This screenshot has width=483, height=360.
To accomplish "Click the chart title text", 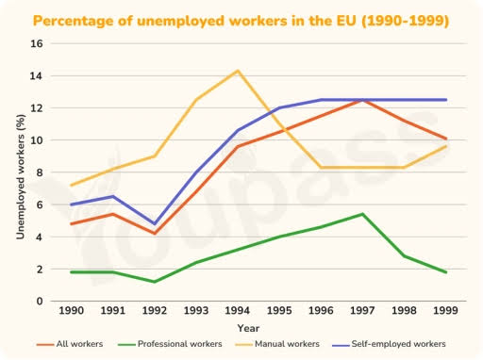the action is click(241, 21).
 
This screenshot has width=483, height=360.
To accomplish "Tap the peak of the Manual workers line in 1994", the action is click(238, 71).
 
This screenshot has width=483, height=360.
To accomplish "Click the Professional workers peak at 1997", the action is click(362, 214).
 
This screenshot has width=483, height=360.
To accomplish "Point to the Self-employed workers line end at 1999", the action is click(446, 100).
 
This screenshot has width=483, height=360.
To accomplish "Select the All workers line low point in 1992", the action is click(155, 234).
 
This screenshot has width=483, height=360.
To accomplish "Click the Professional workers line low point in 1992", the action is click(155, 282).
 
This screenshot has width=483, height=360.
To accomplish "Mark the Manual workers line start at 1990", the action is click(71, 186).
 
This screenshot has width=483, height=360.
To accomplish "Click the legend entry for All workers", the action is click(70, 344).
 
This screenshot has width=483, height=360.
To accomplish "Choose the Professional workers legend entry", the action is click(170, 344).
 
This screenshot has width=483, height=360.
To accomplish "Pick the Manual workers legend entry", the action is click(277, 344).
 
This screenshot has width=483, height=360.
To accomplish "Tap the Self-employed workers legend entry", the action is click(389, 344).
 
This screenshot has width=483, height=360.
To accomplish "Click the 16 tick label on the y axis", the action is click(37, 43).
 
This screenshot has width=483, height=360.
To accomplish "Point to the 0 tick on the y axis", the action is click(40, 302).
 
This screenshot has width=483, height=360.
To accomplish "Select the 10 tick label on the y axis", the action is click(37, 140).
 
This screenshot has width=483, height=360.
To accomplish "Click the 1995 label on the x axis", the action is click(279, 311).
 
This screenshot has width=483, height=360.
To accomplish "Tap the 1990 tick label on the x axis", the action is click(72, 311).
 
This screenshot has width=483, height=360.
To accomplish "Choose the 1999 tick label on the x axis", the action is click(445, 311).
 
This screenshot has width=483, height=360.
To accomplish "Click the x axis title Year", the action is click(248, 328).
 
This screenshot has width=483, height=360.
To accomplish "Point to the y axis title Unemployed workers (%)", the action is click(21, 177).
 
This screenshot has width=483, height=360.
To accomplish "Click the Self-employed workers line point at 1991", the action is click(112, 196).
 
